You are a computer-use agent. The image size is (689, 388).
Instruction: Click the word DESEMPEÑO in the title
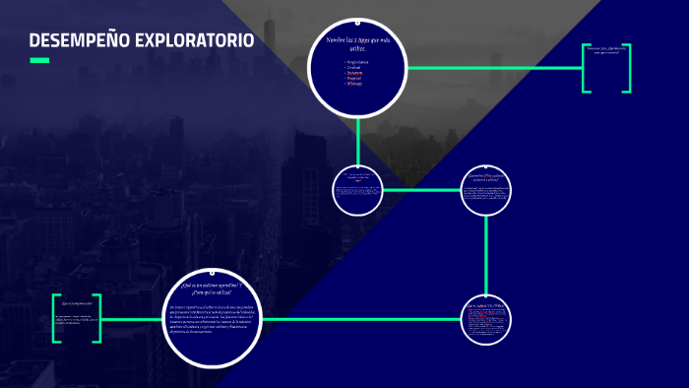point(73,40)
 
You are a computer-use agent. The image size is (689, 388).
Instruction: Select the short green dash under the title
point(39,60)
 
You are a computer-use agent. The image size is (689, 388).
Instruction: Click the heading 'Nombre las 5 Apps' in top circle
point(357,42)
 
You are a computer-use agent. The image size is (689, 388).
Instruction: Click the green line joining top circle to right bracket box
point(492,68)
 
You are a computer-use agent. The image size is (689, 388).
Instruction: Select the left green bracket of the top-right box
point(586,68)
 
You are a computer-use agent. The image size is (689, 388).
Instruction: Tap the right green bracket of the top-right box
point(627,68)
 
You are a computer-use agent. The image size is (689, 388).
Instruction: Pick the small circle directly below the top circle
point(357,188)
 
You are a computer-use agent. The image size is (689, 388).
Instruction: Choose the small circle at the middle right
point(487,188)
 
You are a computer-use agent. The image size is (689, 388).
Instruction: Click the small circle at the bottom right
point(487,320)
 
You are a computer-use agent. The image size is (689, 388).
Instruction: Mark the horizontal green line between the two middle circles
point(422,189)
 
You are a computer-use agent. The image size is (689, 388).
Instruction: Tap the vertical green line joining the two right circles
point(487,254)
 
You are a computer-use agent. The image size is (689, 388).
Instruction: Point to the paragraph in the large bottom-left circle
point(211,322)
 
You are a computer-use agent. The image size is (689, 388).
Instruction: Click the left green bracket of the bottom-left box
point(56,318)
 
